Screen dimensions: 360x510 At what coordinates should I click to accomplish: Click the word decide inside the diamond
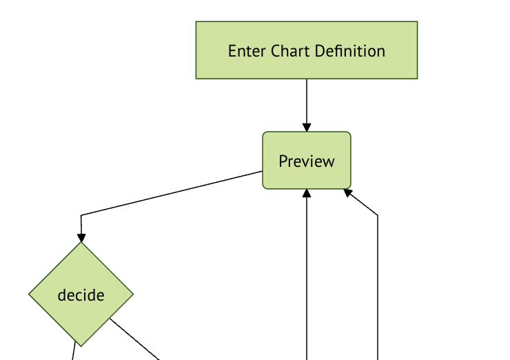click(81, 295)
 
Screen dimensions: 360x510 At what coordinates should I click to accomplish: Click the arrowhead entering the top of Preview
click(307, 127)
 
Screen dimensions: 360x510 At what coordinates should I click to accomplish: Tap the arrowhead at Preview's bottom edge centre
click(307, 194)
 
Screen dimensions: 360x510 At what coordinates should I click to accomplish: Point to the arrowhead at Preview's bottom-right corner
click(349, 192)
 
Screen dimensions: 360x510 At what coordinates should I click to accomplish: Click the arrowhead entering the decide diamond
click(81, 238)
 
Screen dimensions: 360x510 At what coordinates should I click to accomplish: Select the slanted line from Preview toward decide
click(172, 193)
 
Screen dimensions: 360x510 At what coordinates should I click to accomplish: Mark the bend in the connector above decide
click(81, 216)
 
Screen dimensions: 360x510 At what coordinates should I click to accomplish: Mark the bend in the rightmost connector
click(378, 215)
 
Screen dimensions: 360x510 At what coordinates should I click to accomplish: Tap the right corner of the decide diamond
click(132, 294)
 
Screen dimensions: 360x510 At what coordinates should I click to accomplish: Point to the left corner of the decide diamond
click(30, 294)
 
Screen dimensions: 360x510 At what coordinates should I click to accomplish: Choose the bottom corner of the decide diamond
click(81, 345)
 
